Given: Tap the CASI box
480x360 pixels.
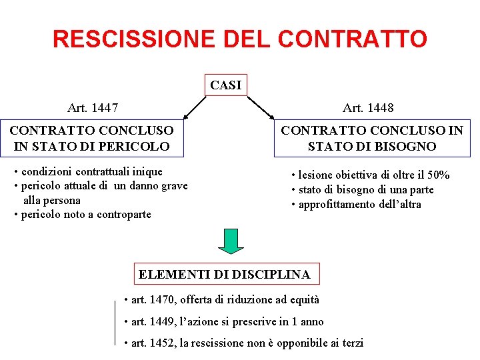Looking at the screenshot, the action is click(225, 85).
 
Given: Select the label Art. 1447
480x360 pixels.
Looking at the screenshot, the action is click(93, 107).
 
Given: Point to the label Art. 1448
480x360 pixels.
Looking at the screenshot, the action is click(368, 107).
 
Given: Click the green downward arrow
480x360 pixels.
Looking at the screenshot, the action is click(231, 241).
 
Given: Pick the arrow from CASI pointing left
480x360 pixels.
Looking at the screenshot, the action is click(193, 107).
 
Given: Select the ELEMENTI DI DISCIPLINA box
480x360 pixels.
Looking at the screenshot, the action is click(224, 274).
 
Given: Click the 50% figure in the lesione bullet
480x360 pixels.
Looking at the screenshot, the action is click(439, 175).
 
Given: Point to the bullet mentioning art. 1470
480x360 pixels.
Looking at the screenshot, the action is click(222, 300).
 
